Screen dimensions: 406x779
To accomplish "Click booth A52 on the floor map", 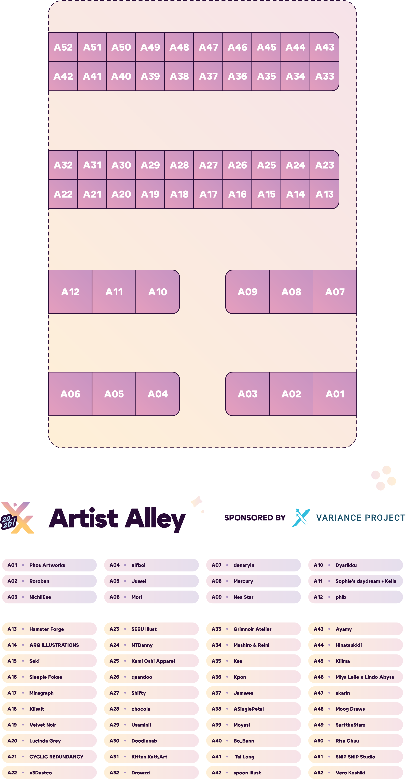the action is [63, 47].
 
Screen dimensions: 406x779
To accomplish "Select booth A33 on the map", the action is [324, 76].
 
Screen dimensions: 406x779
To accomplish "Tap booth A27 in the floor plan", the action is [208, 165].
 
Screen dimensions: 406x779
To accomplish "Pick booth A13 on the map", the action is [324, 194].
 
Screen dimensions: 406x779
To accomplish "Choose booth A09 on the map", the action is [247, 292].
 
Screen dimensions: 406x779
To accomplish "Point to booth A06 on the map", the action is [70, 394].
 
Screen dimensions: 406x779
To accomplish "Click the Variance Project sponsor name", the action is [361, 518].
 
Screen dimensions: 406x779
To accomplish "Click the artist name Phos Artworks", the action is [47, 565].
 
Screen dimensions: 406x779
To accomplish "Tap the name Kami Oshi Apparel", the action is [153, 661].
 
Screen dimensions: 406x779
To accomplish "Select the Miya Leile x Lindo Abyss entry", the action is [365, 677].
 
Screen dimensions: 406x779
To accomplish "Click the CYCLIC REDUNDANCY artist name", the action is [56, 757].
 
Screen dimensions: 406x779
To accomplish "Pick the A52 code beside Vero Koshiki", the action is [318, 773].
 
